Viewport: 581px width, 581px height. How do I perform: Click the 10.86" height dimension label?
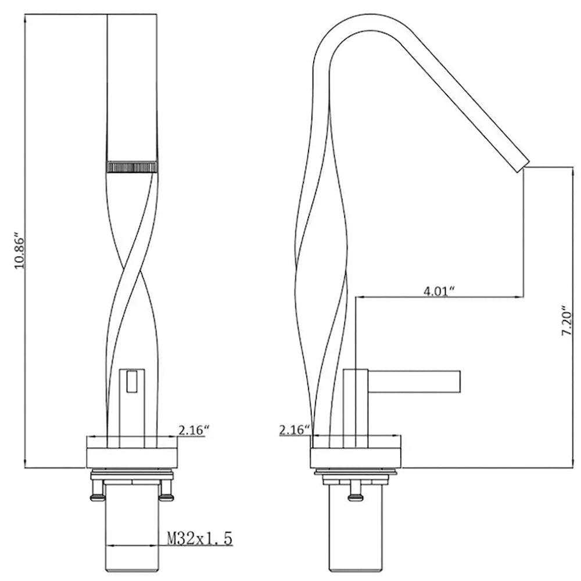19,251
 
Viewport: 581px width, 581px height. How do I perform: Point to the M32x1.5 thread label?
200,539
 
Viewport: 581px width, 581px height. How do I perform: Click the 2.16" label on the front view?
194,430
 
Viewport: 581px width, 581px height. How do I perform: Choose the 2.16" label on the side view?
295,430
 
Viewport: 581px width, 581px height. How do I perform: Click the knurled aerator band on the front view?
131,167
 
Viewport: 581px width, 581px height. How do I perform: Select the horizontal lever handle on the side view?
414,381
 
